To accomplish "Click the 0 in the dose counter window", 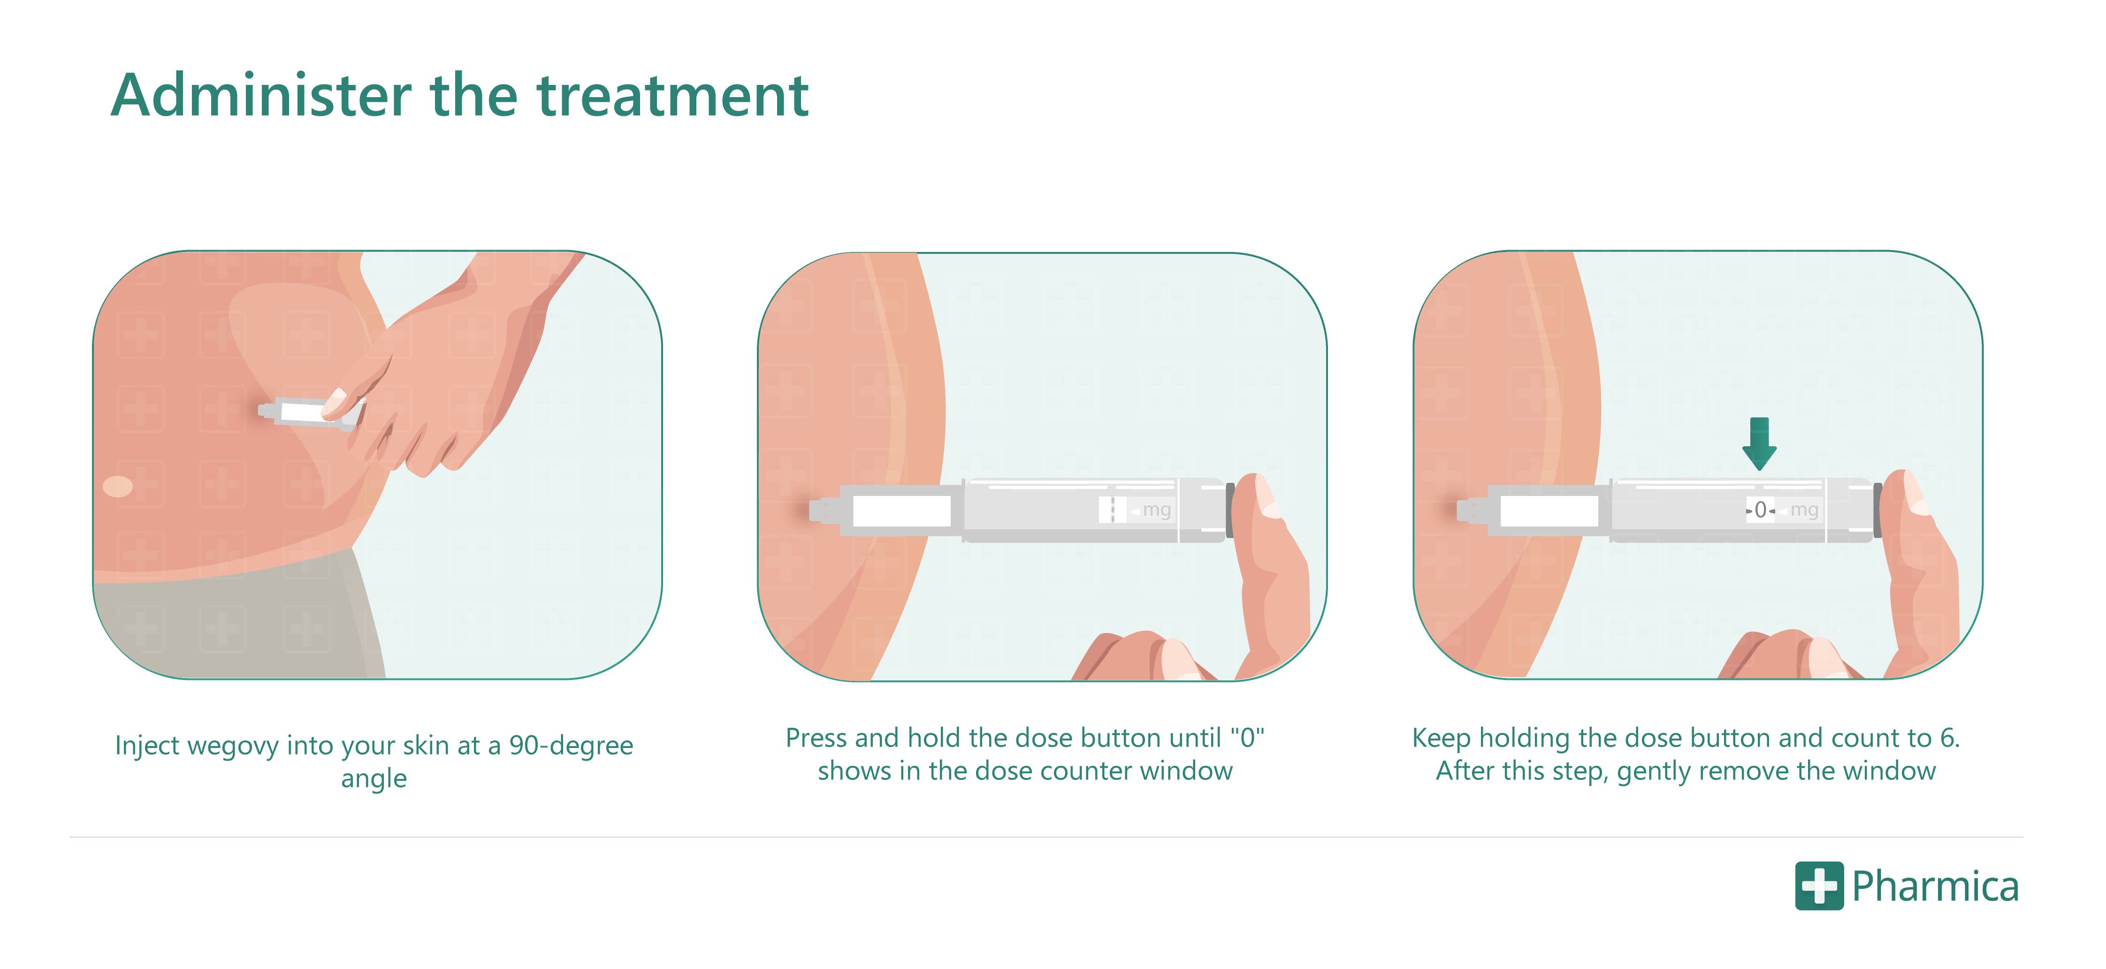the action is click(x=1760, y=510).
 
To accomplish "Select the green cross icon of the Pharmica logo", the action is click(x=1819, y=885).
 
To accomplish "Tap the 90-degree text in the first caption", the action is click(x=571, y=745).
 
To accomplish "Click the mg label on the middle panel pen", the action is click(x=1157, y=510).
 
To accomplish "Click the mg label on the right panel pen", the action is click(x=1804, y=510).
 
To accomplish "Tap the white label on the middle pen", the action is click(x=902, y=511).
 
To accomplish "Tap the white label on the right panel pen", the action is click(x=1549, y=511).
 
